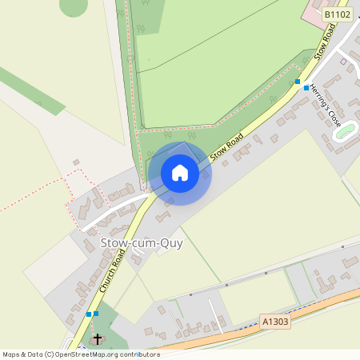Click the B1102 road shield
tap(338, 14)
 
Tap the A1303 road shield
tap(275, 322)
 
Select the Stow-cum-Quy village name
tap(141, 243)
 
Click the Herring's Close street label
tap(326, 106)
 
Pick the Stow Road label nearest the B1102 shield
tap(324, 42)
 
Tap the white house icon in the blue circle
tap(180, 173)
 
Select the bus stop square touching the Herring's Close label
tap(306, 88)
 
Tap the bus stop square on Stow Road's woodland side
tap(298, 82)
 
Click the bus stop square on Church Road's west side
tap(88, 314)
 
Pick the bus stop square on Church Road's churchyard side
tap(96, 314)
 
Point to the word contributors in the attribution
tap(138, 354)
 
